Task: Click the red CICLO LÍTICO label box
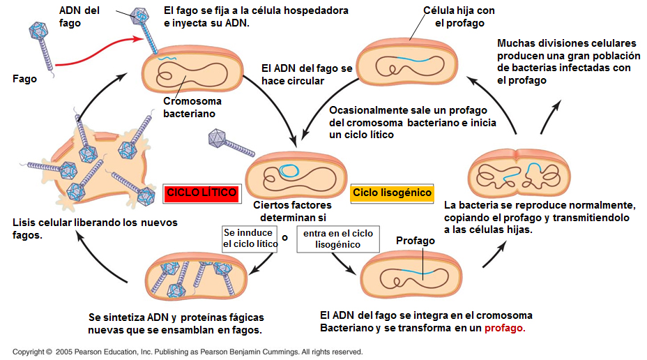coord(201,193)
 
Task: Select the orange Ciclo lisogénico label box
coord(392,193)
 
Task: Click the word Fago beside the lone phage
coord(24,79)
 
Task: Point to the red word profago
coord(505,328)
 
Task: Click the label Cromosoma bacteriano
coord(189,107)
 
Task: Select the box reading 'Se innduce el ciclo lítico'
coord(249,238)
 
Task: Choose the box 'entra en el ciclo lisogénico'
coord(337,238)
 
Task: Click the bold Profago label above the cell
coord(416,241)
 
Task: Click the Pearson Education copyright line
coord(188,352)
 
